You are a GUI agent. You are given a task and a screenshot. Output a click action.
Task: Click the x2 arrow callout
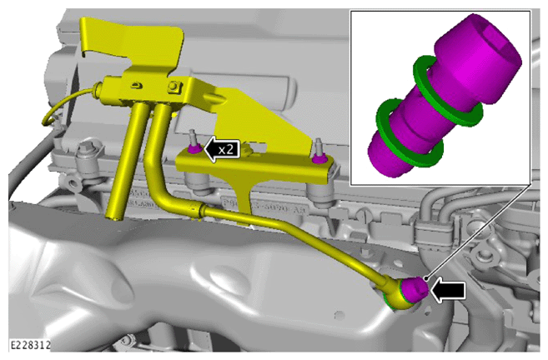coord(222,149)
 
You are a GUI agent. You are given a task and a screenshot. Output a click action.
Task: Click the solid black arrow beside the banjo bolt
coord(448,291)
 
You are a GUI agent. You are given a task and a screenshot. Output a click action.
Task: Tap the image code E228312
coord(30,345)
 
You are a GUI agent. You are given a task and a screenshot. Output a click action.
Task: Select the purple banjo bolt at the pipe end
coord(415,289)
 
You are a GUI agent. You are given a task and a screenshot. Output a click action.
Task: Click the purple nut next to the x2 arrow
coord(194,148)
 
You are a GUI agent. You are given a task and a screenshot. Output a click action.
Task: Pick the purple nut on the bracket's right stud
coord(319,159)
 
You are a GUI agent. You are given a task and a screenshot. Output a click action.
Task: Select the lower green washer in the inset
coord(410,131)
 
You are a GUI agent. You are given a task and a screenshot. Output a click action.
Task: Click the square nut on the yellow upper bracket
coord(173,86)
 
